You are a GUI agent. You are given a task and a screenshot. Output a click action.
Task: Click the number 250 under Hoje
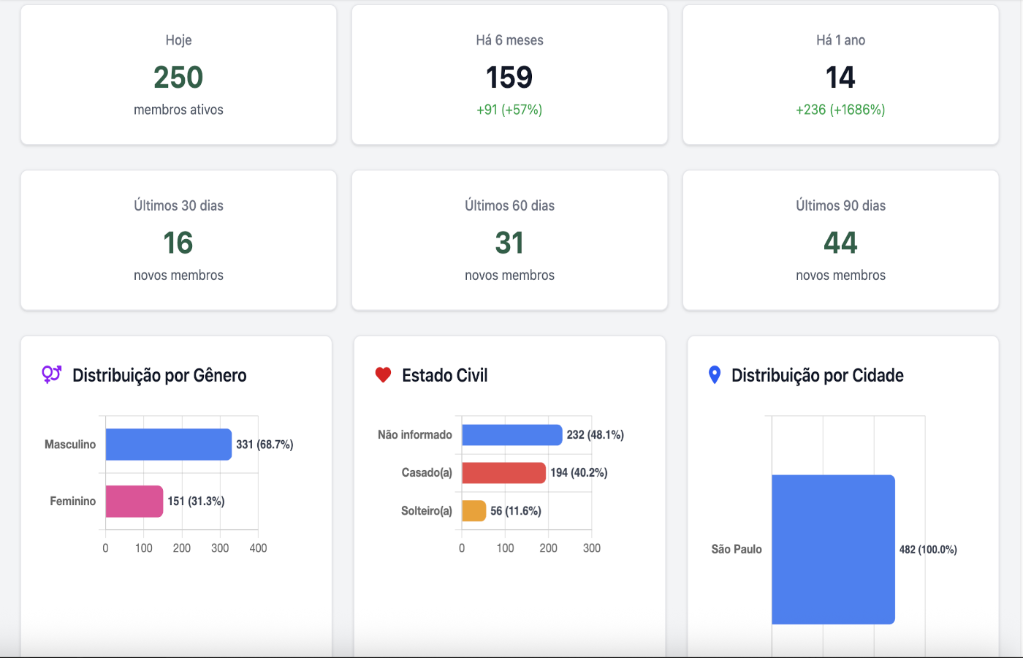point(178,77)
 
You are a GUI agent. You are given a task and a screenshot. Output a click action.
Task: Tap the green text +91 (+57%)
point(509,110)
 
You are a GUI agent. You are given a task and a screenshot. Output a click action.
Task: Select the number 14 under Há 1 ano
point(840,77)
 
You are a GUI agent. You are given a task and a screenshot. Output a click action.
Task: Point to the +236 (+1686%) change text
point(840,110)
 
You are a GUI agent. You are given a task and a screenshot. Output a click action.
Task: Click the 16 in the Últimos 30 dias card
point(178,243)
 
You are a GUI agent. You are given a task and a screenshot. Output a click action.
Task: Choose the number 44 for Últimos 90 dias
point(840,243)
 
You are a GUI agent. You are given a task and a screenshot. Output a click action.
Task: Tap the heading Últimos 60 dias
point(509,205)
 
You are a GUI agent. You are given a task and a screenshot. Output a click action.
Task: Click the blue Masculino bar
point(168,445)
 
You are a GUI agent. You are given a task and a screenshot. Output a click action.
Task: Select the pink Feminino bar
point(134,502)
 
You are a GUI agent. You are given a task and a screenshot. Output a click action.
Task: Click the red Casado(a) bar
point(503,473)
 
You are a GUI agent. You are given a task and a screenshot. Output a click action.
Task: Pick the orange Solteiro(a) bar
point(474,511)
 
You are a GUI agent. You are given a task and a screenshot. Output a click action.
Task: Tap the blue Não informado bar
point(512,435)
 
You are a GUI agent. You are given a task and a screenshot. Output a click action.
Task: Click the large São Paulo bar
point(833,550)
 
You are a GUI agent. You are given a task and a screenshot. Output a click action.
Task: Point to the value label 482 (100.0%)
point(928,550)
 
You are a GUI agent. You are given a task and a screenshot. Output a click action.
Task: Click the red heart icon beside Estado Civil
point(383,375)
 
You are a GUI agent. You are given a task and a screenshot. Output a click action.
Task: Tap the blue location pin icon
point(715,375)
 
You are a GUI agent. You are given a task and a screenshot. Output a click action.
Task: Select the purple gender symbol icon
point(51,374)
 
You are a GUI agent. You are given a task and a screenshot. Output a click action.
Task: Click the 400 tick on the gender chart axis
point(258,548)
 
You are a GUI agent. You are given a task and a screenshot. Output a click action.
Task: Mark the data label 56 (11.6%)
point(516,511)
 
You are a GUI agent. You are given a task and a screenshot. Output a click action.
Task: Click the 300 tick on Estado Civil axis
point(592,548)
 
